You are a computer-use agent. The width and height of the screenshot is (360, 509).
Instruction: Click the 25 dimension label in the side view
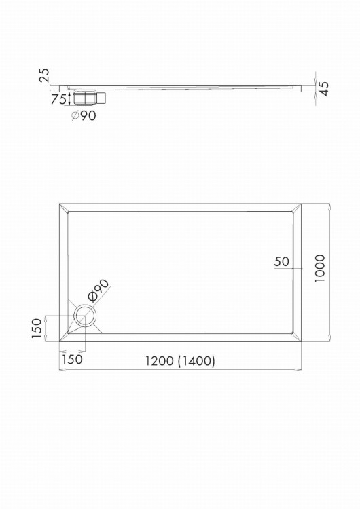(45, 75)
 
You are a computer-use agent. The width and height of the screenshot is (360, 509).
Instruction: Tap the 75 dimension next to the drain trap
(58, 98)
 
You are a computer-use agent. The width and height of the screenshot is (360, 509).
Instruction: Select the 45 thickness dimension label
(324, 88)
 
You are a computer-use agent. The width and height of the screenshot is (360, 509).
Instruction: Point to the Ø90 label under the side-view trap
(84, 115)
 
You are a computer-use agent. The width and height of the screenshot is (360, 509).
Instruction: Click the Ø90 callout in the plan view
(98, 290)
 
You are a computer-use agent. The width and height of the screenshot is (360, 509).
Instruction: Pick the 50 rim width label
(281, 261)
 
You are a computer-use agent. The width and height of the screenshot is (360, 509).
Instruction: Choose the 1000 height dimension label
(320, 268)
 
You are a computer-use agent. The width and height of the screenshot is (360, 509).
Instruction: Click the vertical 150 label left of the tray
(37, 328)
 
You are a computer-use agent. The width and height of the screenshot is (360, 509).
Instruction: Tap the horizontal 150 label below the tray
(72, 359)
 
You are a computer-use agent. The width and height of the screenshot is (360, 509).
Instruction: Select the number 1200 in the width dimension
(159, 360)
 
